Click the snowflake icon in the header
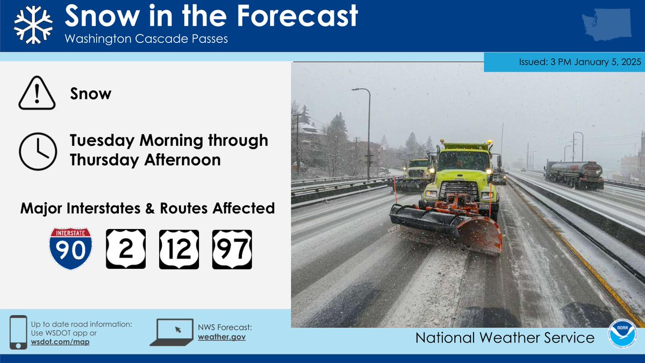point(33,25)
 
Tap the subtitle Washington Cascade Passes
point(146,40)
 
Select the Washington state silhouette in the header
point(606,26)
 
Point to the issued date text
point(580,62)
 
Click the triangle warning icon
point(37,94)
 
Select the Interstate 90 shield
point(70,248)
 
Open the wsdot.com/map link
point(60,342)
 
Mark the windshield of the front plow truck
point(464,161)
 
